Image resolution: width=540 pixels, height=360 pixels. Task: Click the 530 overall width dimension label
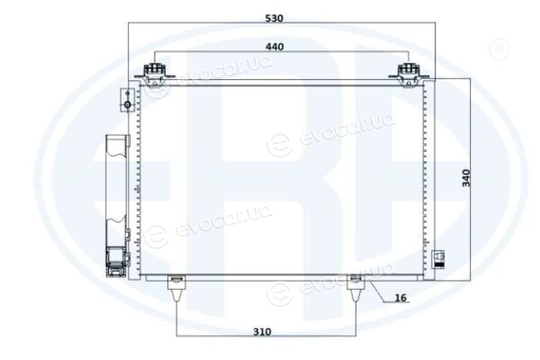[274, 18]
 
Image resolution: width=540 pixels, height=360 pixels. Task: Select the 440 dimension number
[274, 47]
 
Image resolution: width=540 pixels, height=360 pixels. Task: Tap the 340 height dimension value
[466, 178]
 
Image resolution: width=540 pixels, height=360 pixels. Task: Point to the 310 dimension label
[262, 332]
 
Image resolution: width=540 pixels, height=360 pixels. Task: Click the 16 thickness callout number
[400, 297]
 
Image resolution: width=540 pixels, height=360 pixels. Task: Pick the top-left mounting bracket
[155, 75]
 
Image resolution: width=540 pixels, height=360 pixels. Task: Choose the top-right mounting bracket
[409, 75]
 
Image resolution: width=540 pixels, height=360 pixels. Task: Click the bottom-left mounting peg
[176, 288]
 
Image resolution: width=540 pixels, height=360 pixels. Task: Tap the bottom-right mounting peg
[355, 288]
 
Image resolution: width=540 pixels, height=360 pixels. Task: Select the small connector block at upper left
[127, 100]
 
